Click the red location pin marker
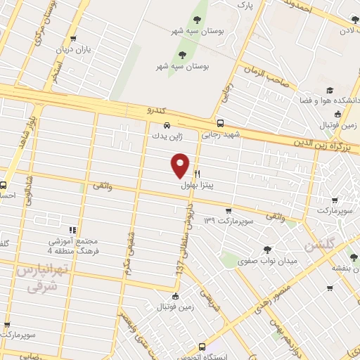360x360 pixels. pyautogui.click(x=181, y=165)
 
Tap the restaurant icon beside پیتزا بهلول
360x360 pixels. pyautogui.click(x=198, y=174)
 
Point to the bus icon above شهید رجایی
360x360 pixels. pyautogui.click(x=221, y=122)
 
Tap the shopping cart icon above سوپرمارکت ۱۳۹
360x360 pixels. pyautogui.click(x=228, y=211)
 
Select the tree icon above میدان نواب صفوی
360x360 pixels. pyautogui.click(x=267, y=250)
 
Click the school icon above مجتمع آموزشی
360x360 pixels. pyautogui.click(x=72, y=230)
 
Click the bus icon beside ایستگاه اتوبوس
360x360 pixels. pyautogui.click(x=203, y=347)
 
